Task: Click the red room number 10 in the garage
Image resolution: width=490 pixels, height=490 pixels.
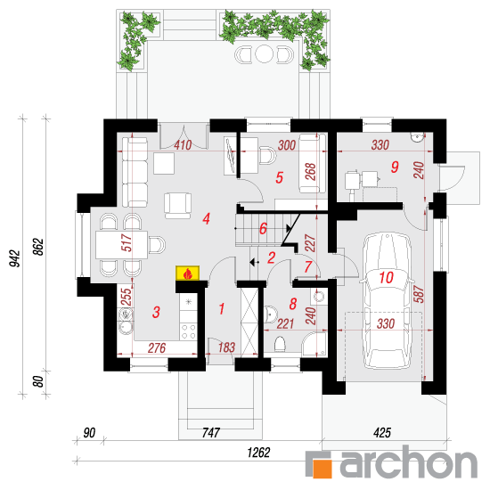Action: pyautogui.click(x=386, y=277)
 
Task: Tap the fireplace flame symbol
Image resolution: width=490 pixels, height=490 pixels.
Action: pyautogui.click(x=187, y=274)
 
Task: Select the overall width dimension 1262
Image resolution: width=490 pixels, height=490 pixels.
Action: pyautogui.click(x=258, y=453)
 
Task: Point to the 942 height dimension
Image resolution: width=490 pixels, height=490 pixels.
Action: pyautogui.click(x=15, y=258)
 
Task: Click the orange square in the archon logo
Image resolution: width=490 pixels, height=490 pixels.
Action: pyautogui.click(x=323, y=468)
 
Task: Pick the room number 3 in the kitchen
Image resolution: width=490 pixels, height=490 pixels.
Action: pyautogui.click(x=156, y=312)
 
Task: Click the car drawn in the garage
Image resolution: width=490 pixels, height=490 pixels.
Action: pyautogui.click(x=386, y=301)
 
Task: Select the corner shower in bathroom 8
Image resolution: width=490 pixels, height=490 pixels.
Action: pyautogui.click(x=314, y=344)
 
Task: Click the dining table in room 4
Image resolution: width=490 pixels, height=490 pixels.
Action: pyautogui.click(x=121, y=244)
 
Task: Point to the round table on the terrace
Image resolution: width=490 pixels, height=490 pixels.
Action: pyautogui.click(x=264, y=54)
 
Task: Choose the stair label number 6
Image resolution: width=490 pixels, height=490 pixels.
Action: pyautogui.click(x=263, y=228)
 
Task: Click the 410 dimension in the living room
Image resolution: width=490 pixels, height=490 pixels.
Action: pyautogui.click(x=183, y=145)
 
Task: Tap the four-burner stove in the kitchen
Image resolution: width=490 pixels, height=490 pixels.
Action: pyautogui.click(x=189, y=331)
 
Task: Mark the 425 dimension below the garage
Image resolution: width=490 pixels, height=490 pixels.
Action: pyautogui.click(x=382, y=433)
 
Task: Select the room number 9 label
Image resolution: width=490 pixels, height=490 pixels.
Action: pyautogui.click(x=395, y=167)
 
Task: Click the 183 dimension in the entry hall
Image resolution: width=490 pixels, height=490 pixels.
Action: pyautogui.click(x=226, y=347)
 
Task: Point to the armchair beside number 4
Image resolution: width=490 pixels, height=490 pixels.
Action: pyautogui.click(x=178, y=206)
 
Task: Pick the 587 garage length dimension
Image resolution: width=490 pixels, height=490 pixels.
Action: pyautogui.click(x=419, y=294)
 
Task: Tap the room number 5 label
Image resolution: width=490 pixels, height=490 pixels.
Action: pyautogui.click(x=280, y=177)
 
